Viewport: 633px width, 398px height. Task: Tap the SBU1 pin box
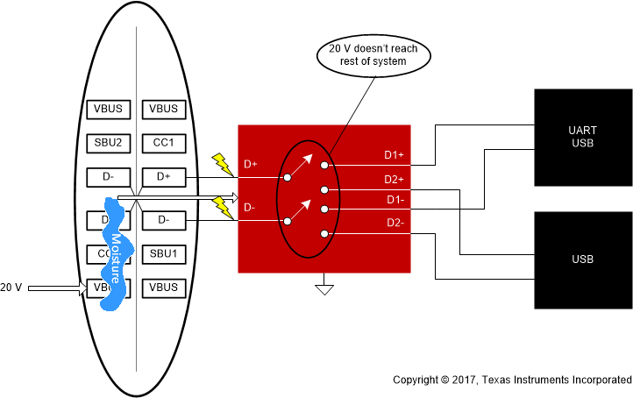click(x=164, y=253)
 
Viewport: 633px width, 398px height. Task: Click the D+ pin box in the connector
click(x=164, y=177)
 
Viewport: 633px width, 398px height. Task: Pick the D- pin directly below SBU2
click(x=108, y=177)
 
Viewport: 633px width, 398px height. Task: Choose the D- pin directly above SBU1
click(x=164, y=219)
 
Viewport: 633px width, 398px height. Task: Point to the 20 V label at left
click(x=11, y=287)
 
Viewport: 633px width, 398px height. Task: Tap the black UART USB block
click(x=582, y=137)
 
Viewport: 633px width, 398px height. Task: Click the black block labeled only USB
click(x=582, y=259)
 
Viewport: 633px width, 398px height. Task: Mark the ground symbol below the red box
click(x=325, y=287)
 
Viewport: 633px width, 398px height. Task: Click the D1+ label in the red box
click(x=394, y=155)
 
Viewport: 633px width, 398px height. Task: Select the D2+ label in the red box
click(x=394, y=179)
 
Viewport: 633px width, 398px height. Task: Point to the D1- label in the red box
click(x=396, y=200)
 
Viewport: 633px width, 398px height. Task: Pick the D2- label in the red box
click(x=396, y=223)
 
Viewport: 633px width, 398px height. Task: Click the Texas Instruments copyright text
click(x=511, y=380)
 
